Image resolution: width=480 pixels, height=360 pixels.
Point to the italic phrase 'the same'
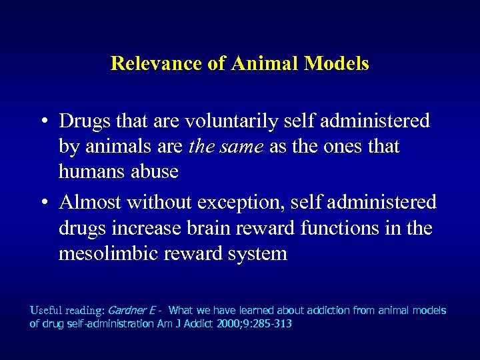click(x=227, y=147)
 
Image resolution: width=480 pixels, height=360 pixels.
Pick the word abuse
click(x=154, y=172)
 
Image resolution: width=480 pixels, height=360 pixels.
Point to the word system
click(x=257, y=254)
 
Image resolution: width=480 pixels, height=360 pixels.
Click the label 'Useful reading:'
click(x=66, y=311)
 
